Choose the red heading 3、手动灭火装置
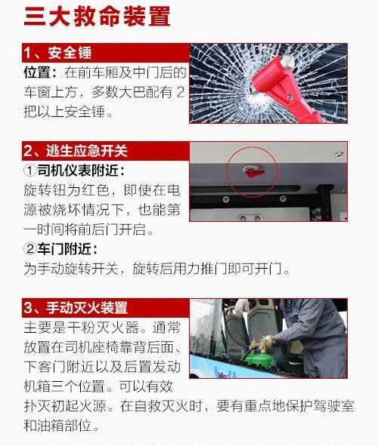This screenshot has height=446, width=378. click(76, 308)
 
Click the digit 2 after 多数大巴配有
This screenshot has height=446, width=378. click(179, 94)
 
